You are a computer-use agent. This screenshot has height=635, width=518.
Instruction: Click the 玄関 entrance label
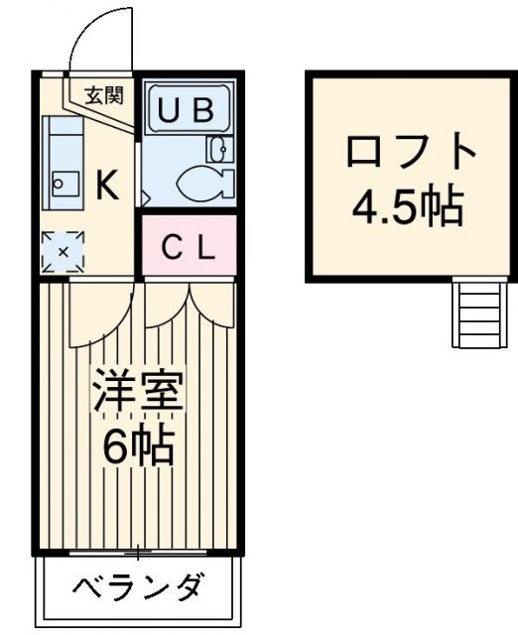point(102,96)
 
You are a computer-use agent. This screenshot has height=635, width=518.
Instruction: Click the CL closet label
point(188,249)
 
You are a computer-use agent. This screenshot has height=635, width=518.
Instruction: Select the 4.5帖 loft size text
point(409,205)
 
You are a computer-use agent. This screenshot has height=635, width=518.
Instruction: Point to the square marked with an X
point(63,251)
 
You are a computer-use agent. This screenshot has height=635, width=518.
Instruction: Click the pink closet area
point(188,249)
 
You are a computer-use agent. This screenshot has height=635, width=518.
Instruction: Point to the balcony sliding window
point(138,552)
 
